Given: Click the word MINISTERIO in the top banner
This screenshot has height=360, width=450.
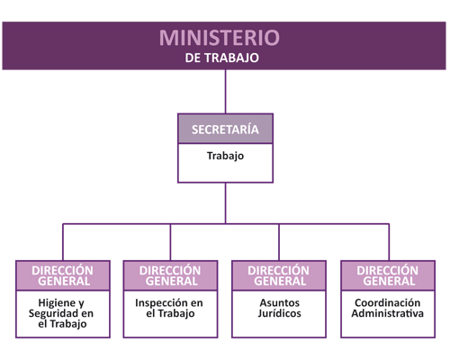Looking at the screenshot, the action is [220, 38].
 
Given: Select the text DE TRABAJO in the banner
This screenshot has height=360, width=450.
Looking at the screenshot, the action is [222, 58].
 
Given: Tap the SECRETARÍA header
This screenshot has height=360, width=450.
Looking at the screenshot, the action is [225, 130].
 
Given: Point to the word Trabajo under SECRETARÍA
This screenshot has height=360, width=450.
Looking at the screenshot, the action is [225, 156].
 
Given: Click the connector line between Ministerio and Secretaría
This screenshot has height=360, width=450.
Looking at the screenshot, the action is [226, 92].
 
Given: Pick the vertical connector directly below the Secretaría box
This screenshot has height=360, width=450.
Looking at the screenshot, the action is [226, 203].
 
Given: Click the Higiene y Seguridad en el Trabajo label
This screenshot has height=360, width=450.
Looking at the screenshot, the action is [61, 313].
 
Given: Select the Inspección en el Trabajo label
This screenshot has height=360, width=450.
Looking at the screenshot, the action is [169, 308].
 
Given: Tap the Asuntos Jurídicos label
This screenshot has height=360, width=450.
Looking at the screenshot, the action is [279, 308].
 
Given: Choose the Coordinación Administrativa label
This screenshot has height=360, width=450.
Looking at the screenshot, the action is [388, 308].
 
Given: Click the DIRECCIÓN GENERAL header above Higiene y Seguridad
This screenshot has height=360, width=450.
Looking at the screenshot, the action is [63, 275].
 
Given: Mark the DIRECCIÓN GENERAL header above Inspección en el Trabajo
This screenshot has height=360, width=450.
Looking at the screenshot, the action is [170, 275].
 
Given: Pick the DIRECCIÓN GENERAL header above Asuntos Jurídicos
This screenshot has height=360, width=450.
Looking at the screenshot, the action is [279, 275].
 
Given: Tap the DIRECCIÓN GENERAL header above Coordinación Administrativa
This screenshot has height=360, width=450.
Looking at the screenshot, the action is [388, 275].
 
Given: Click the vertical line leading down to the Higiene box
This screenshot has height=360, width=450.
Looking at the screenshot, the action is [63, 242].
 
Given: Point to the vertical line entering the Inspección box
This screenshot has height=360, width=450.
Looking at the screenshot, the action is [170, 242].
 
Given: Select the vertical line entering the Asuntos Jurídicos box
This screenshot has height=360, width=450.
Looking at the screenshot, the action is [279, 242].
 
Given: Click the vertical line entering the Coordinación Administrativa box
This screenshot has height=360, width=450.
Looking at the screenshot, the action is [389, 242].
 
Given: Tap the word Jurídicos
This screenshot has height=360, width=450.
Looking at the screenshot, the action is [279, 313].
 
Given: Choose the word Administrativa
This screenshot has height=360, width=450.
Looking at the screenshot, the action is [388, 313].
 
